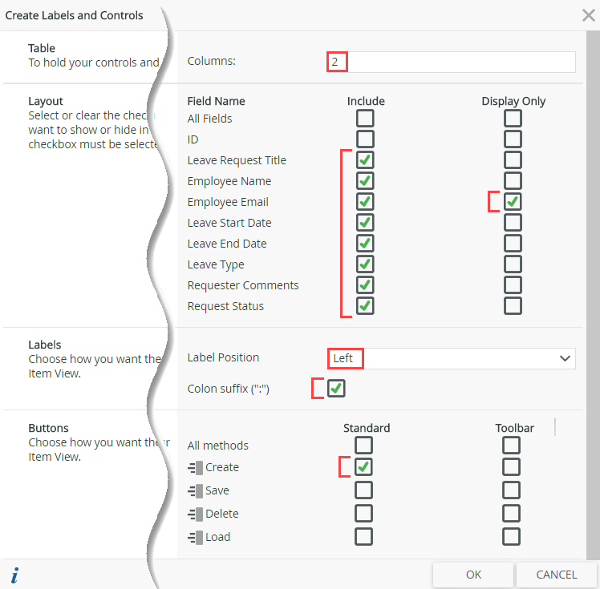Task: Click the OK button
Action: (x=473, y=575)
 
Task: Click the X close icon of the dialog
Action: (x=588, y=14)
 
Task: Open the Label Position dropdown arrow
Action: (x=565, y=358)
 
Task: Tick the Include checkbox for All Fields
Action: (x=365, y=119)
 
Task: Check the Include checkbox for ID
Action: (x=365, y=139)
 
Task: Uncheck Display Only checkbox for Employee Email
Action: (x=513, y=202)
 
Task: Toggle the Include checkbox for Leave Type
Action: (x=365, y=264)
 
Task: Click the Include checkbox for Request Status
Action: (x=365, y=306)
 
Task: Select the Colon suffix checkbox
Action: (x=336, y=389)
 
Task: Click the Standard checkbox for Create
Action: (x=363, y=467)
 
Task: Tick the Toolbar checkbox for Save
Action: (x=511, y=490)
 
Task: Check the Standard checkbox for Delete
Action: (x=363, y=514)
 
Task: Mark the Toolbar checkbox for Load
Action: (x=511, y=537)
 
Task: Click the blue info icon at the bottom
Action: (x=15, y=575)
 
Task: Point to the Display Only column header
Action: (x=513, y=101)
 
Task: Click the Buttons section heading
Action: (x=48, y=428)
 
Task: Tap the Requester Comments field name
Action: (x=243, y=285)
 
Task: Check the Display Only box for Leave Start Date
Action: (x=513, y=223)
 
